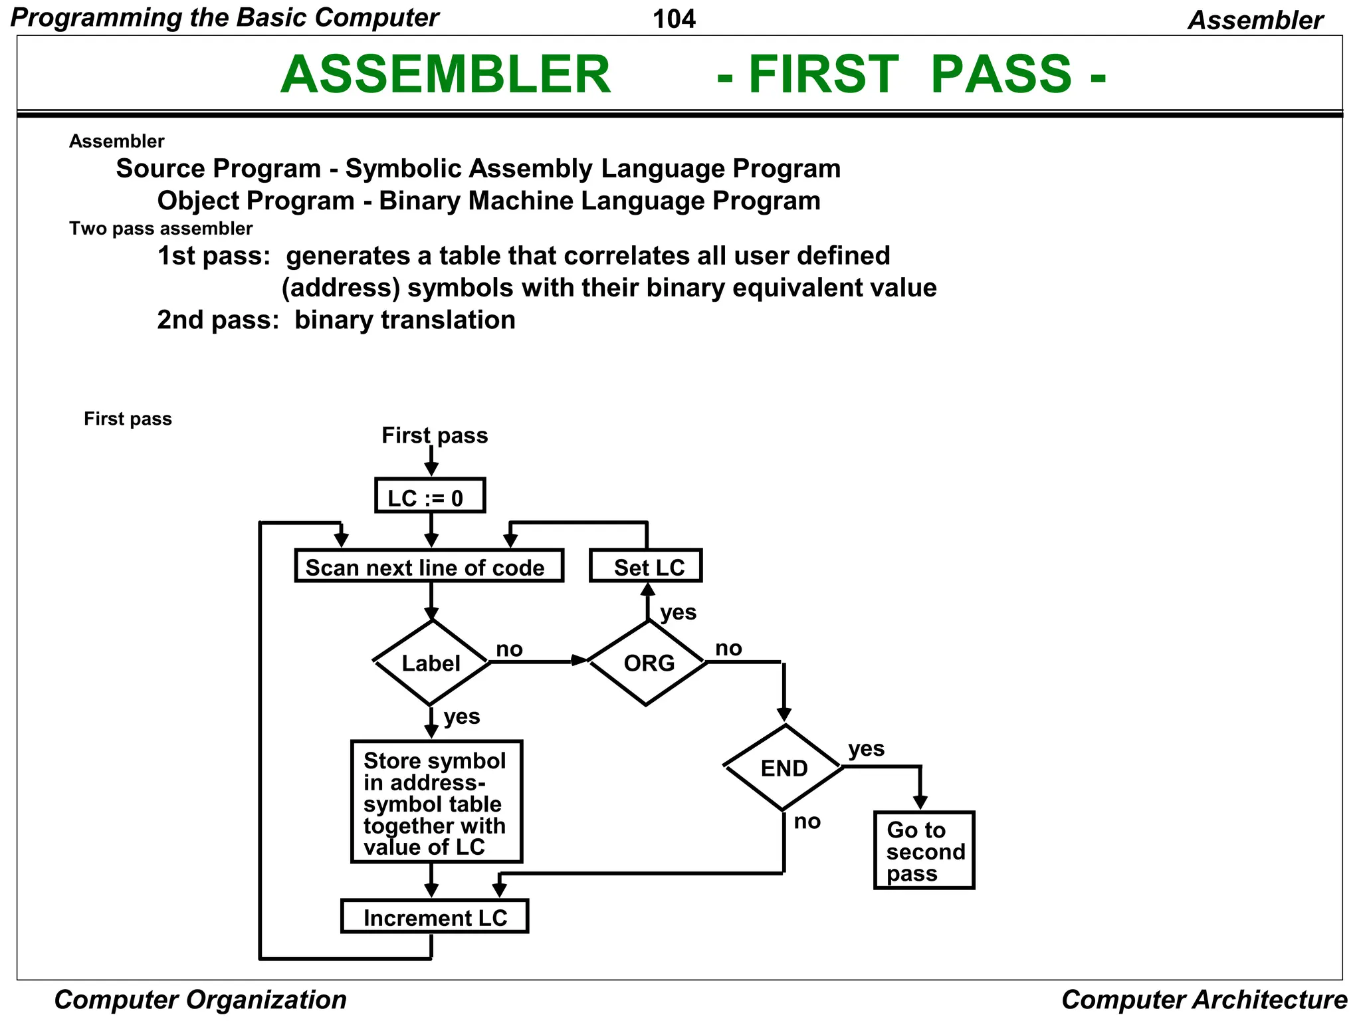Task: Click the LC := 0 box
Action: (430, 496)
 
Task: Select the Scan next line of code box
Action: (429, 566)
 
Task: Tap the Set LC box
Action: (646, 566)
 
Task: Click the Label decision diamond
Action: (431, 663)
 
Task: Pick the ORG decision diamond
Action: (647, 663)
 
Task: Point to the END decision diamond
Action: (784, 768)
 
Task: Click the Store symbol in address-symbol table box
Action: (437, 802)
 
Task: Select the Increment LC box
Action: (435, 917)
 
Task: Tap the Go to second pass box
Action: (924, 851)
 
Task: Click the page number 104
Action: (674, 19)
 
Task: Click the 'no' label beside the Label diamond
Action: (510, 649)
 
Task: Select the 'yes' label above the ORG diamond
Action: (678, 612)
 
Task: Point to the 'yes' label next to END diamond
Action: (866, 748)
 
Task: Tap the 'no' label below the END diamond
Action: (807, 822)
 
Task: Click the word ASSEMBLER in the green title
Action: (445, 74)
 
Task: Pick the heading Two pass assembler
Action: (161, 229)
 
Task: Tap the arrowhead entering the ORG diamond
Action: (579, 660)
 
